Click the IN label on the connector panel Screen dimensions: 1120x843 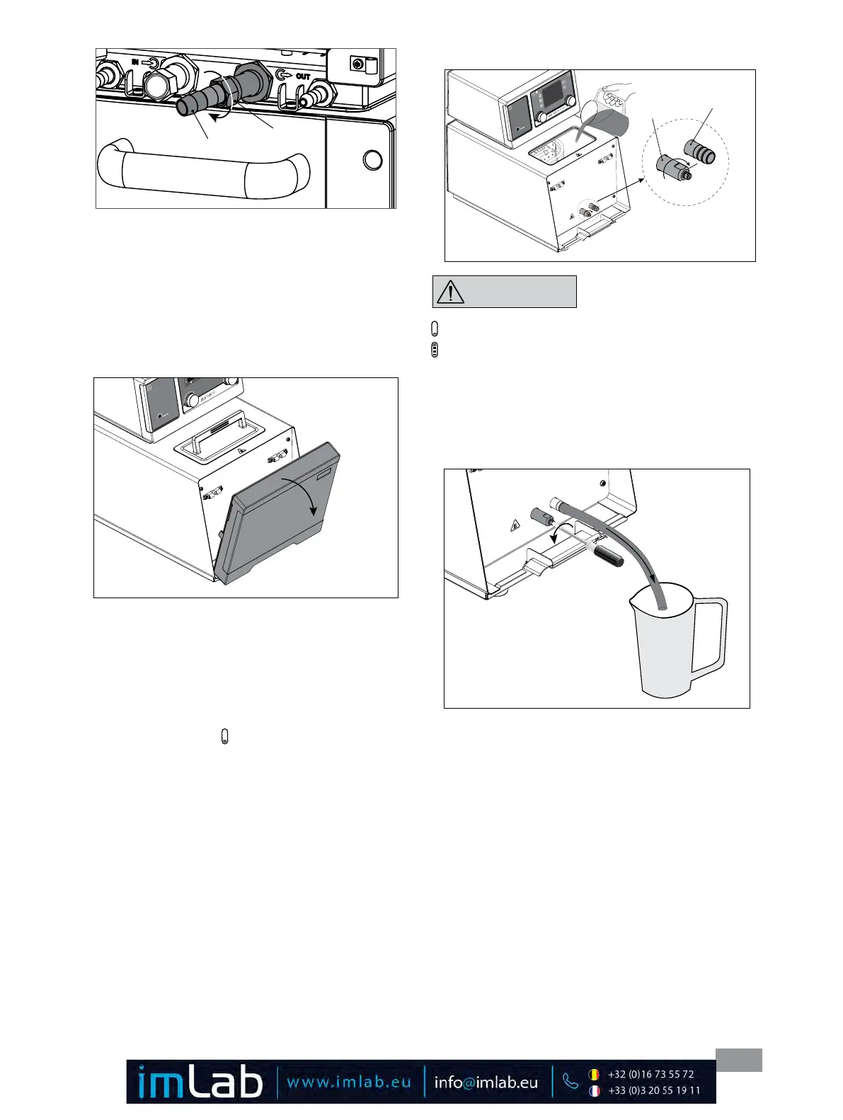[x=134, y=62]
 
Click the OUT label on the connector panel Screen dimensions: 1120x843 [x=303, y=76]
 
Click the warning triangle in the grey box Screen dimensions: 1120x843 [x=450, y=292]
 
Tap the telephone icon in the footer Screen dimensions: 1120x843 [x=570, y=1081]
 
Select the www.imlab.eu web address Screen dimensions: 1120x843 [x=348, y=1082]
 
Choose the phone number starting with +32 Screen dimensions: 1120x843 [x=650, y=1074]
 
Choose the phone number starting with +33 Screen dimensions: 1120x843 [x=653, y=1091]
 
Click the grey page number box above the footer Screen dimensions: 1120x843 [x=738, y=1060]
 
